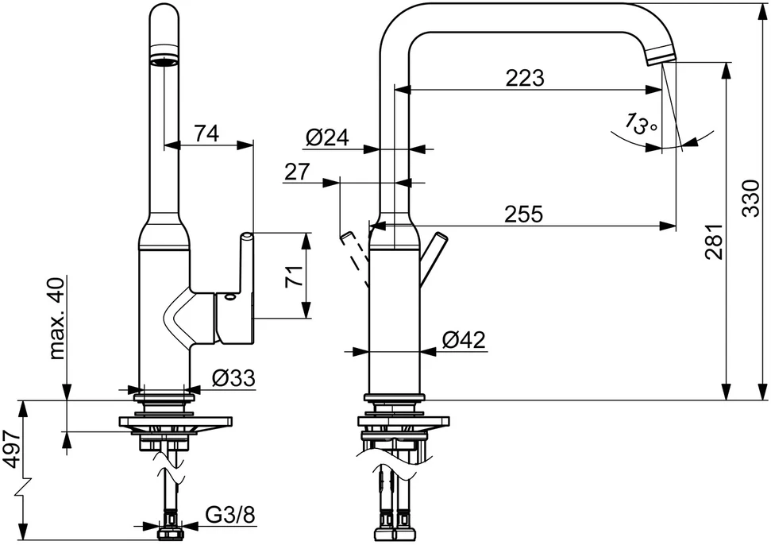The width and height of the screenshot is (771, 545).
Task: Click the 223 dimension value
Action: (525, 78)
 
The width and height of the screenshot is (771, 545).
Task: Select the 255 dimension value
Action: (524, 214)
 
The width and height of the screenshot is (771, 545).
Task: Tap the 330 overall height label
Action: (751, 199)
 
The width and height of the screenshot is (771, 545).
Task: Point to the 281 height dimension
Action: (714, 242)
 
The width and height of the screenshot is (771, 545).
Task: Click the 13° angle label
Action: (640, 124)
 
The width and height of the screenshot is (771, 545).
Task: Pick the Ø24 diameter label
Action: (327, 137)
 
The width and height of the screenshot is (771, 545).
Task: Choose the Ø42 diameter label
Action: (463, 339)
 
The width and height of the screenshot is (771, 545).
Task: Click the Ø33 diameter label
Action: (233, 377)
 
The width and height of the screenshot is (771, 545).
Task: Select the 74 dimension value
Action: (206, 133)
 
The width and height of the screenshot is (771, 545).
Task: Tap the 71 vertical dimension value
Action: (294, 276)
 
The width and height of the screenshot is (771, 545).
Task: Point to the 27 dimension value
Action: (297, 172)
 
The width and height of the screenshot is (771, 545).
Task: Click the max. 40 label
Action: (57, 319)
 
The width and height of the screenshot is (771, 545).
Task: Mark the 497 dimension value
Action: (11, 449)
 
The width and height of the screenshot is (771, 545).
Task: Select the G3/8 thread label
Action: (230, 515)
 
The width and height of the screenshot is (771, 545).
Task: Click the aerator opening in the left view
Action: (164, 61)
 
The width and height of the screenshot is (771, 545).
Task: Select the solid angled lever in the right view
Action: (433, 258)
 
